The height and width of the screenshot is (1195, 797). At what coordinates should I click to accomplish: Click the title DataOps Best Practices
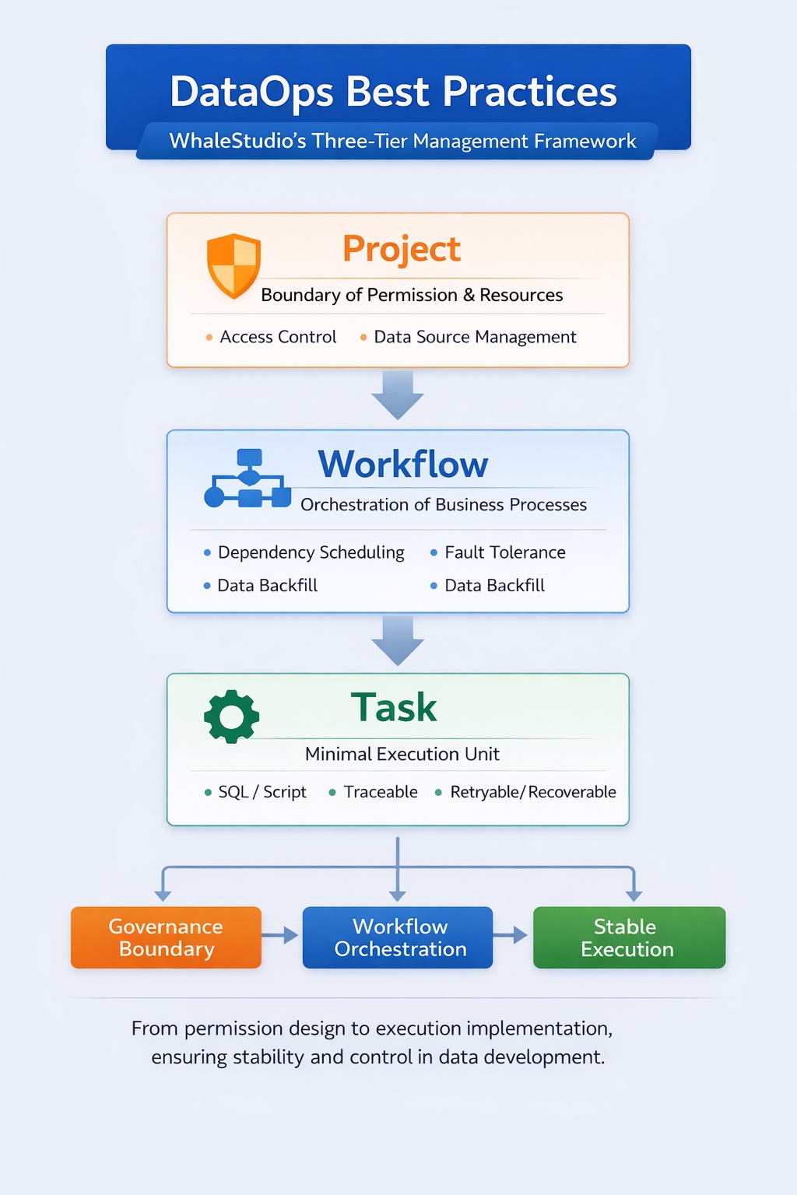393,92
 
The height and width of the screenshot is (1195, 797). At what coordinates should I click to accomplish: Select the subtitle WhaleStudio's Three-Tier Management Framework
402,141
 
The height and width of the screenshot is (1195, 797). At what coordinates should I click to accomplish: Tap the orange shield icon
233,265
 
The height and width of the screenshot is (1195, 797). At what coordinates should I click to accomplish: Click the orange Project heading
402,249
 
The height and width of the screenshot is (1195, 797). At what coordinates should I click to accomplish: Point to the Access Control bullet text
278,337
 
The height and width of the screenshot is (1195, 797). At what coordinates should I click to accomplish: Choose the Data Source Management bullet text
475,337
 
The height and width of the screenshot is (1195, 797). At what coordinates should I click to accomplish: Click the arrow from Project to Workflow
398,395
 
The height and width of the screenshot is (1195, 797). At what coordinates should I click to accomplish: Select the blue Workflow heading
403,464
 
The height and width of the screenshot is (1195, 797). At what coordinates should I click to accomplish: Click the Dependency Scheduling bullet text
311,552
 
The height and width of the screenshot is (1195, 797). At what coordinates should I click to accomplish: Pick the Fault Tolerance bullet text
504,552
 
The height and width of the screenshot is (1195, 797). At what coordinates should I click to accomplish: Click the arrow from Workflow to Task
398,640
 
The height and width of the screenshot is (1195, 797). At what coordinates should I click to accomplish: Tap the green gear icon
231,716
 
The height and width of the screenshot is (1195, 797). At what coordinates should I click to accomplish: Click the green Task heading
394,708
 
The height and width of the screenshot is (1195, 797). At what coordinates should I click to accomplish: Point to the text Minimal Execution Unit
402,754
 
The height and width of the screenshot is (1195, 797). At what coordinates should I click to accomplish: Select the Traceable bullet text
381,792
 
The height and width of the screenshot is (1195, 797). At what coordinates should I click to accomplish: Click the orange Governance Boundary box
166,937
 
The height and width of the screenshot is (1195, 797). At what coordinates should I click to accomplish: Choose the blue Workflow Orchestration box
398,937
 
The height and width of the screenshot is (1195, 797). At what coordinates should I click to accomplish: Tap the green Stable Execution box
629,937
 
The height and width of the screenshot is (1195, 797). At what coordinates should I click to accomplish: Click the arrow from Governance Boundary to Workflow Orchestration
281,935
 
